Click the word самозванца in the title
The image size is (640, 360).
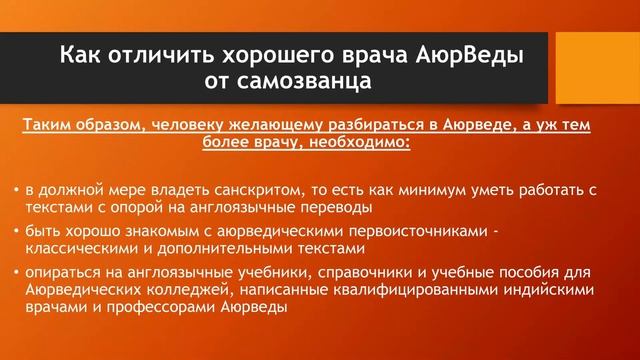[300, 78]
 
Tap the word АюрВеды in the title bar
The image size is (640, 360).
[464, 51]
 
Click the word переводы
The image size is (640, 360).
[335, 207]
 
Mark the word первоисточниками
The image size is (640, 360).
[425, 231]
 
